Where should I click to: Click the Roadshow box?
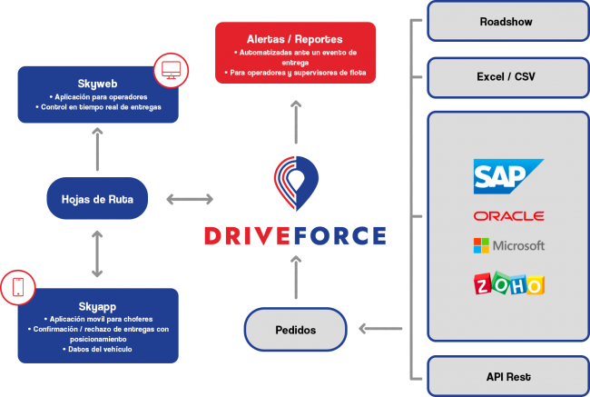click(507, 21)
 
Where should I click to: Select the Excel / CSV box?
click(507, 77)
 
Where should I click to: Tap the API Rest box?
click(507, 376)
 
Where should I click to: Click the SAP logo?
click(507, 176)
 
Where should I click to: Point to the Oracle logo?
click(508, 216)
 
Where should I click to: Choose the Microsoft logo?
click(508, 245)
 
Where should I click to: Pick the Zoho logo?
click(508, 283)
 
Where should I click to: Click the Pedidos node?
click(296, 330)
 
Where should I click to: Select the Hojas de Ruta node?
click(96, 198)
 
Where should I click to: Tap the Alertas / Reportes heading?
click(295, 40)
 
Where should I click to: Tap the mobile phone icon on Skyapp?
click(17, 288)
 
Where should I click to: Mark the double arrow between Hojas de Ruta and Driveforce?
click(190, 198)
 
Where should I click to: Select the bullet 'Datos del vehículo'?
click(98, 349)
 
